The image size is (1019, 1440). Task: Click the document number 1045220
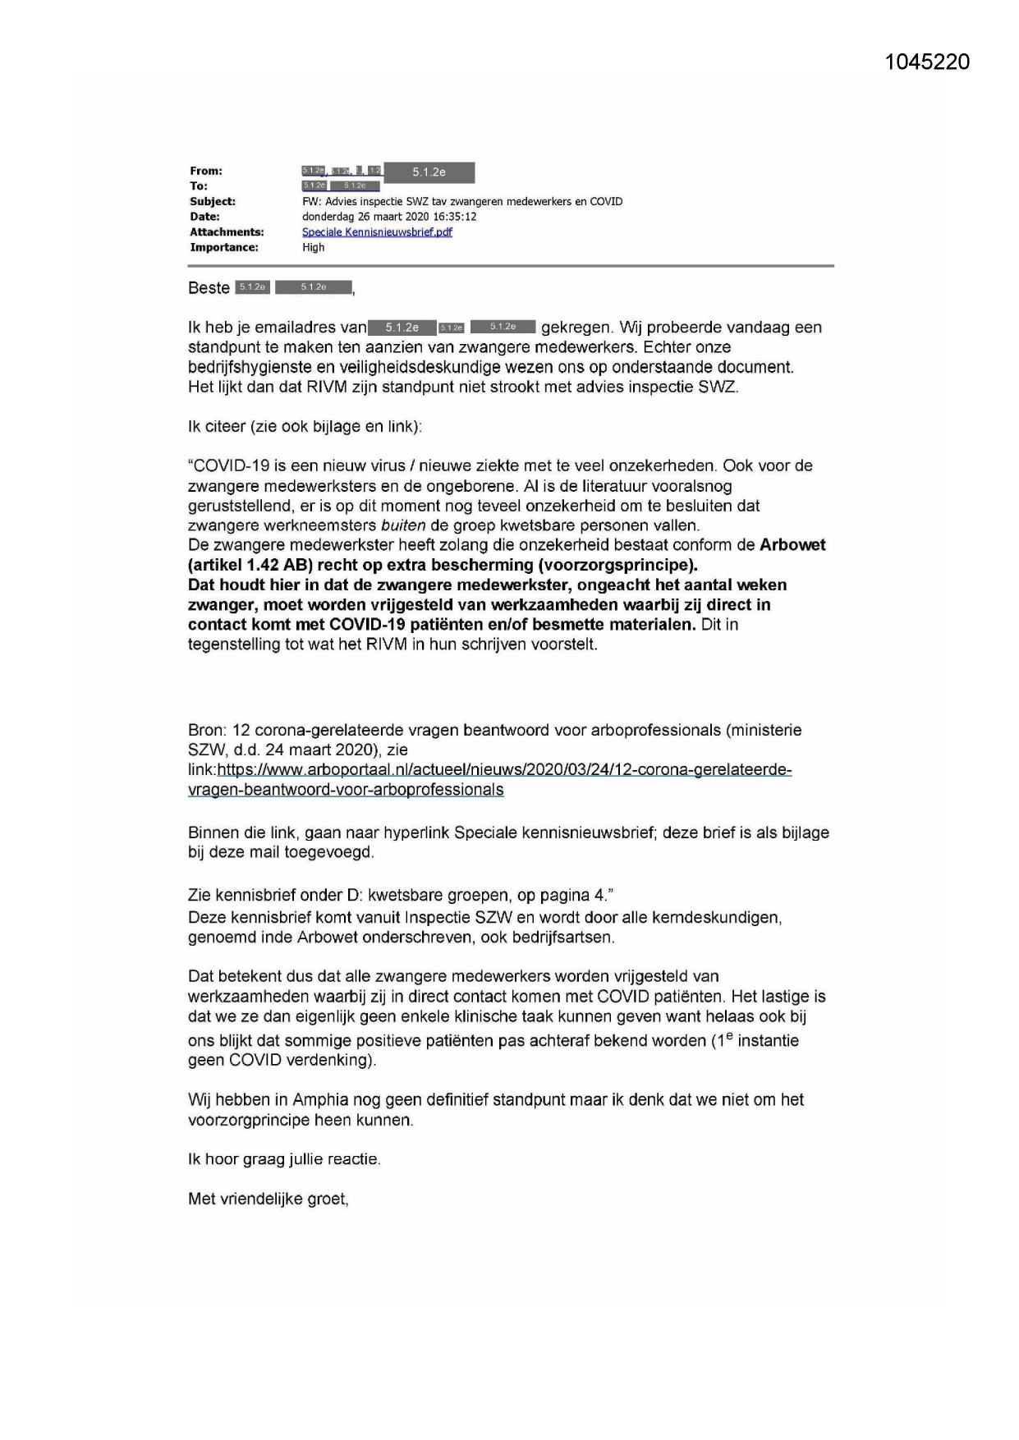click(927, 62)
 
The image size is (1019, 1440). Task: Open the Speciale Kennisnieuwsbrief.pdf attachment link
click(377, 232)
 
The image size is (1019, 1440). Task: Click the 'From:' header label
click(206, 171)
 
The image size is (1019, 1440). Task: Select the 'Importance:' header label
click(224, 247)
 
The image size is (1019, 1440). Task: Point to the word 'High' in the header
click(313, 247)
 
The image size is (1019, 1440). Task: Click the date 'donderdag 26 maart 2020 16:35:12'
click(389, 217)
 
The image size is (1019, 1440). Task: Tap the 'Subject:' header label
click(213, 201)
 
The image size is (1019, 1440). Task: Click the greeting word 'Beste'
click(209, 288)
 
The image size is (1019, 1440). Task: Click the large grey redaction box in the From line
click(429, 172)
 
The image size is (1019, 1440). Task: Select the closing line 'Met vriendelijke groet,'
click(269, 1199)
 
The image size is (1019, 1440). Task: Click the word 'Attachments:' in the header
click(227, 232)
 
